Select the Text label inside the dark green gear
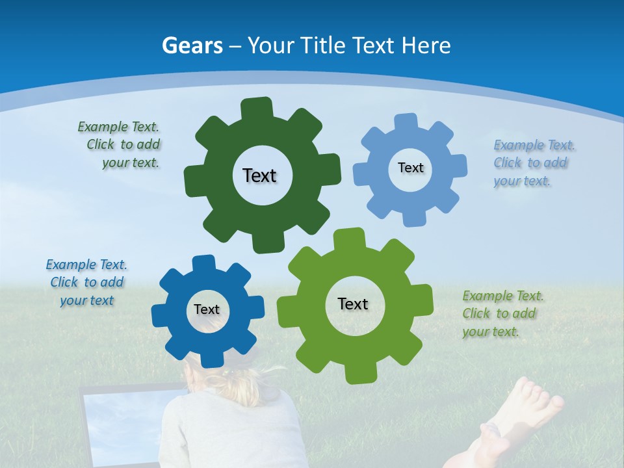point(259,175)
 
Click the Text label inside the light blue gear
point(410,168)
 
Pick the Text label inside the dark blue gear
point(207,310)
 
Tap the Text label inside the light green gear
point(353,304)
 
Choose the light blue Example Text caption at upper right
point(533,163)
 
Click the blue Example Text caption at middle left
point(86,283)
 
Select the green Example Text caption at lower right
point(502,314)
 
